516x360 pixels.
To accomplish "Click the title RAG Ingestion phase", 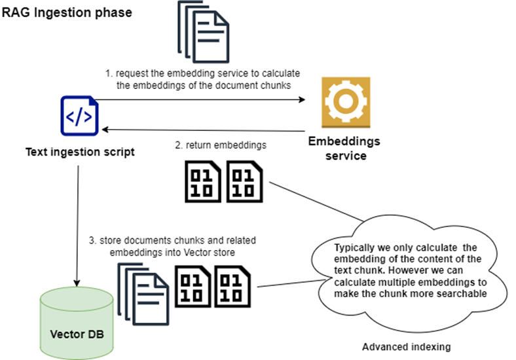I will coord(67,12).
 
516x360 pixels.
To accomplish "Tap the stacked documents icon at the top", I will coord(202,33).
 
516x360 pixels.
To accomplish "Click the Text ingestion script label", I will coord(80,152).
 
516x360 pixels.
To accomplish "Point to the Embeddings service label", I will coord(344,149).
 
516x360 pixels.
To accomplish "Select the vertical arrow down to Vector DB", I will coord(79,223).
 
